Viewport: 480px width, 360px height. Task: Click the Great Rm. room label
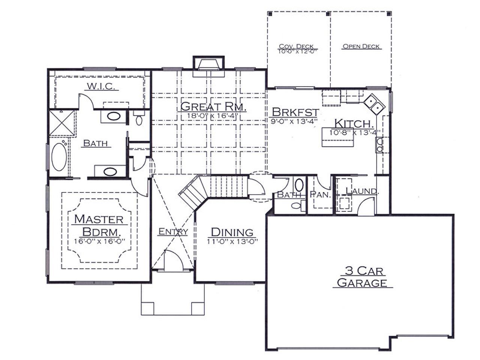tap(213, 106)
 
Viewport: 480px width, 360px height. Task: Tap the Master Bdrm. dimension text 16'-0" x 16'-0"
tap(99, 241)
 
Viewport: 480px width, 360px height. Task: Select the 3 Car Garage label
tap(362, 277)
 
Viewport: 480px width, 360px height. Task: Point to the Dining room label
tap(232, 232)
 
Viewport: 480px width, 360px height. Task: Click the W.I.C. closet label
tap(101, 86)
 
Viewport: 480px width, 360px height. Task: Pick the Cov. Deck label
tap(296, 46)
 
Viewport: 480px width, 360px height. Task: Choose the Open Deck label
tap(361, 46)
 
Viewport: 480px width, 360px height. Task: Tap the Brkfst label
tap(295, 112)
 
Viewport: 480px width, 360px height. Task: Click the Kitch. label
tap(354, 123)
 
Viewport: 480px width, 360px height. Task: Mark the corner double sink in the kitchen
tap(374, 104)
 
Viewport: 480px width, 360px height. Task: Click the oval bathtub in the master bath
tap(59, 157)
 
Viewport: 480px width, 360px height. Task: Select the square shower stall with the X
tap(62, 123)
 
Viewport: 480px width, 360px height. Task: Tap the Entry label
tap(173, 231)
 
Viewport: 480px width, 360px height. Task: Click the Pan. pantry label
tap(320, 195)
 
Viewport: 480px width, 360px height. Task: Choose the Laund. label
tap(362, 191)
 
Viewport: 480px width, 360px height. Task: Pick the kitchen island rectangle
tap(338, 137)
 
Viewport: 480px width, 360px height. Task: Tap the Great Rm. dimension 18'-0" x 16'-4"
tap(213, 115)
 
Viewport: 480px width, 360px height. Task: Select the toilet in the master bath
tap(139, 118)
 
